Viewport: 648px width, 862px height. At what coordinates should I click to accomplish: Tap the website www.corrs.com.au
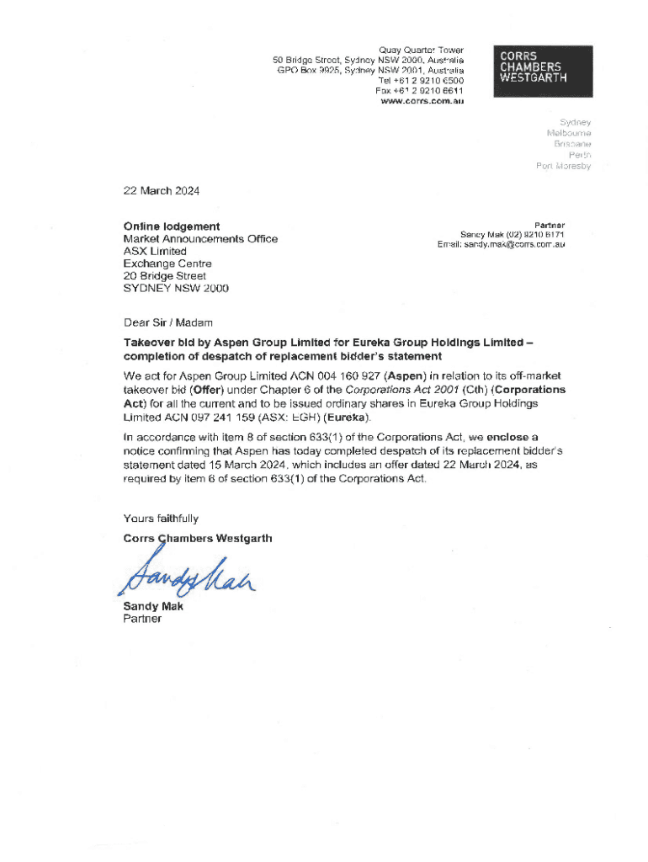[422, 101]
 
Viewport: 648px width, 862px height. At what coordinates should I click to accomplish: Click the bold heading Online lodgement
[172, 226]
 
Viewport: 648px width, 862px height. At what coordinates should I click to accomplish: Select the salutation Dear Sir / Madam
[168, 322]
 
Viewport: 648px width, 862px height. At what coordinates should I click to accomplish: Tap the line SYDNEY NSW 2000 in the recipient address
[176, 289]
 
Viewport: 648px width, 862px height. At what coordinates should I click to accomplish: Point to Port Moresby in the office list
[563, 167]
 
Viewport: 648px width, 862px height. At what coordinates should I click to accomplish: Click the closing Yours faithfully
[161, 519]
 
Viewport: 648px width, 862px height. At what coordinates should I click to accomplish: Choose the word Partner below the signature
[141, 620]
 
